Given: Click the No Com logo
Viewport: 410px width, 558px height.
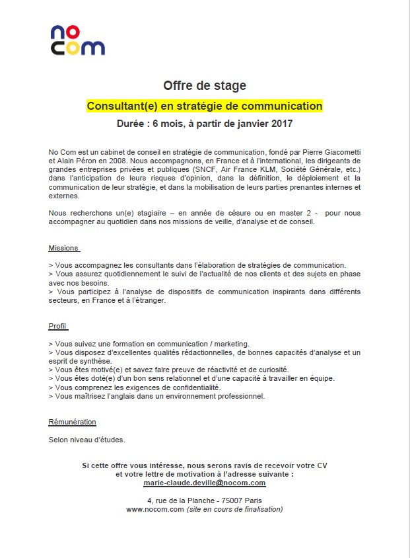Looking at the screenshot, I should pyautogui.click(x=77, y=40).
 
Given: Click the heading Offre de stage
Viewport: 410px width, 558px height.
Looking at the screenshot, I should pyautogui.click(x=205, y=86).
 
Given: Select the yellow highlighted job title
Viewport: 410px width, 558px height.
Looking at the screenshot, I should pyautogui.click(x=205, y=106).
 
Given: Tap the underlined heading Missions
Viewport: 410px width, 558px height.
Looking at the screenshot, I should pyautogui.click(x=63, y=249).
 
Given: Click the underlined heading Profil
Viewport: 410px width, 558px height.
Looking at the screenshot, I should pyautogui.click(x=58, y=327).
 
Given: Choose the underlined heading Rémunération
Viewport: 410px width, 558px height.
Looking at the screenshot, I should pyautogui.click(x=72, y=422).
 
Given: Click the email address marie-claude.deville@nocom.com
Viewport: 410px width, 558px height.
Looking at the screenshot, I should pyautogui.click(x=205, y=483).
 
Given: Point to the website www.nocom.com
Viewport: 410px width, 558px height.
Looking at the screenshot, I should pyautogui.click(x=154, y=509).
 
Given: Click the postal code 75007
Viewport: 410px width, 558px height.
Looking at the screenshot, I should pyautogui.click(x=228, y=500).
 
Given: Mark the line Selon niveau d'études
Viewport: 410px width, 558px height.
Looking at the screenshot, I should pyautogui.click(x=86, y=439).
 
